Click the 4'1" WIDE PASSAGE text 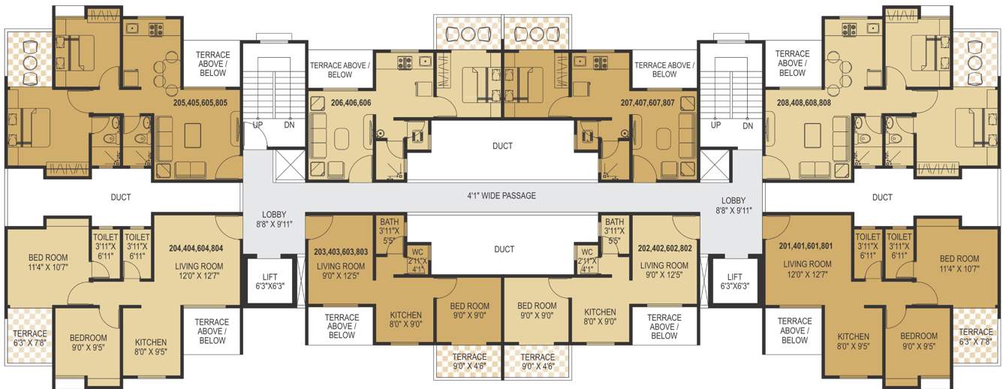coord(501,196)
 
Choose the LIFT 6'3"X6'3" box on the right coord(734,282)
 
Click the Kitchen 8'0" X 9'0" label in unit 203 coord(405,318)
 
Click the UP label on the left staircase coord(258,125)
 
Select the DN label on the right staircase coord(747,126)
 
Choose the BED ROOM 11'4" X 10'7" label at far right coord(959,264)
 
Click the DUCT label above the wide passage coord(502,146)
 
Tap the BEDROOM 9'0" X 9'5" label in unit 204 coord(89,343)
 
